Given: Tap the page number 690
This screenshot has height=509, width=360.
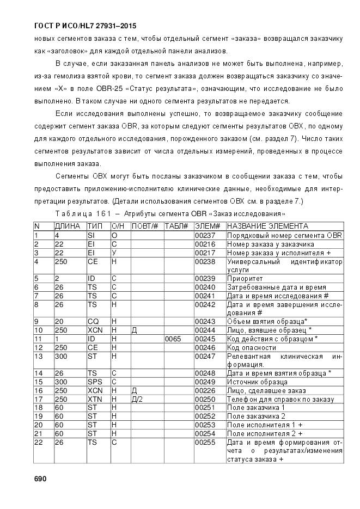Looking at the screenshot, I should point(41,479).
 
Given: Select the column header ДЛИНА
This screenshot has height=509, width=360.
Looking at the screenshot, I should point(68,226).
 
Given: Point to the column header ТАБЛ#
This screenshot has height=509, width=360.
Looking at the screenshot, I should point(176,226).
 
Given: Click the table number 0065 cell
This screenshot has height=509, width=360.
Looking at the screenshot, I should point(173,339).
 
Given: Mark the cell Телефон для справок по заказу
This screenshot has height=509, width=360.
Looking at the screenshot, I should point(280,399).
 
